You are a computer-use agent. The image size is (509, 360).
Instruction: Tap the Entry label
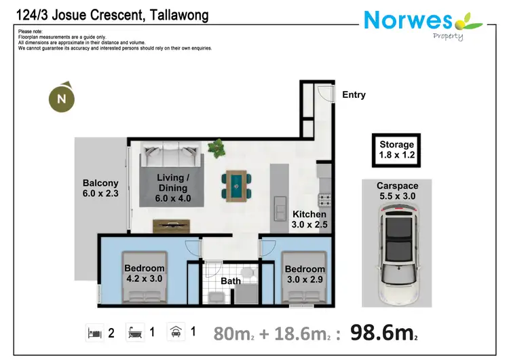pyautogui.click(x=354, y=95)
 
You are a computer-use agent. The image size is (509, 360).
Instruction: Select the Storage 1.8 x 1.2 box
pyautogui.click(x=396, y=149)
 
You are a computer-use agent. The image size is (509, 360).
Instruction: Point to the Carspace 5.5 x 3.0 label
pyautogui.click(x=397, y=191)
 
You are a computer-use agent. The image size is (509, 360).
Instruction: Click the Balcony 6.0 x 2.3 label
pyautogui.click(x=100, y=188)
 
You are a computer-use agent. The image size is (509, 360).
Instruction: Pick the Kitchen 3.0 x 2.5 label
pyautogui.click(x=309, y=219)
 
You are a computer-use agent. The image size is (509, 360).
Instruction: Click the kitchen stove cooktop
pyautogui.click(x=324, y=200)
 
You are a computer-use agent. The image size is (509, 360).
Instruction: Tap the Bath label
pyautogui.click(x=231, y=281)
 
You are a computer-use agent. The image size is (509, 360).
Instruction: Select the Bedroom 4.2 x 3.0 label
pyautogui.click(x=145, y=273)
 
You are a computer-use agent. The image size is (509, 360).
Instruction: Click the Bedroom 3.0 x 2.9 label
pyautogui.click(x=305, y=274)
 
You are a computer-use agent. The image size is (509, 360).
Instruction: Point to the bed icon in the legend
pyautogui.click(x=94, y=332)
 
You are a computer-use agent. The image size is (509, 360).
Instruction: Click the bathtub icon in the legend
pyautogui.click(x=133, y=332)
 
